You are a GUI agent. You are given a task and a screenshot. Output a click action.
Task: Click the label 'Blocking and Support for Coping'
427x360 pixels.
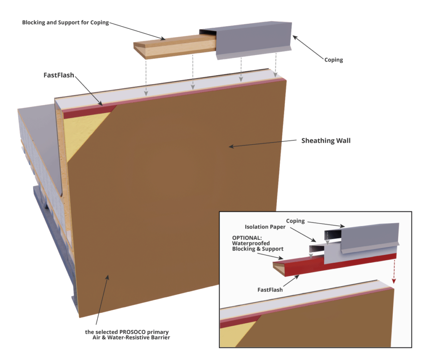[x=65, y=23]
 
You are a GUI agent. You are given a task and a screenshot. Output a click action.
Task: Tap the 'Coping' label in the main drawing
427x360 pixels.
[x=334, y=60]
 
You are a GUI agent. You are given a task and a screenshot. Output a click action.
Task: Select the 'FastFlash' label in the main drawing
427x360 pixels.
[x=59, y=76]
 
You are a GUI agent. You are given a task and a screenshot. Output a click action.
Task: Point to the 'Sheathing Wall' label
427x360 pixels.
[x=326, y=141]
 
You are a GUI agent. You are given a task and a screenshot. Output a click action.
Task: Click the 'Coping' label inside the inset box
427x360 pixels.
[x=295, y=221]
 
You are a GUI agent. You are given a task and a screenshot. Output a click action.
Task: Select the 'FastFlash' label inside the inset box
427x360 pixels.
[x=270, y=290]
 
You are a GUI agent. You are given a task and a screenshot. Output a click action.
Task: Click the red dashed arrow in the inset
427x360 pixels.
[x=392, y=271]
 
